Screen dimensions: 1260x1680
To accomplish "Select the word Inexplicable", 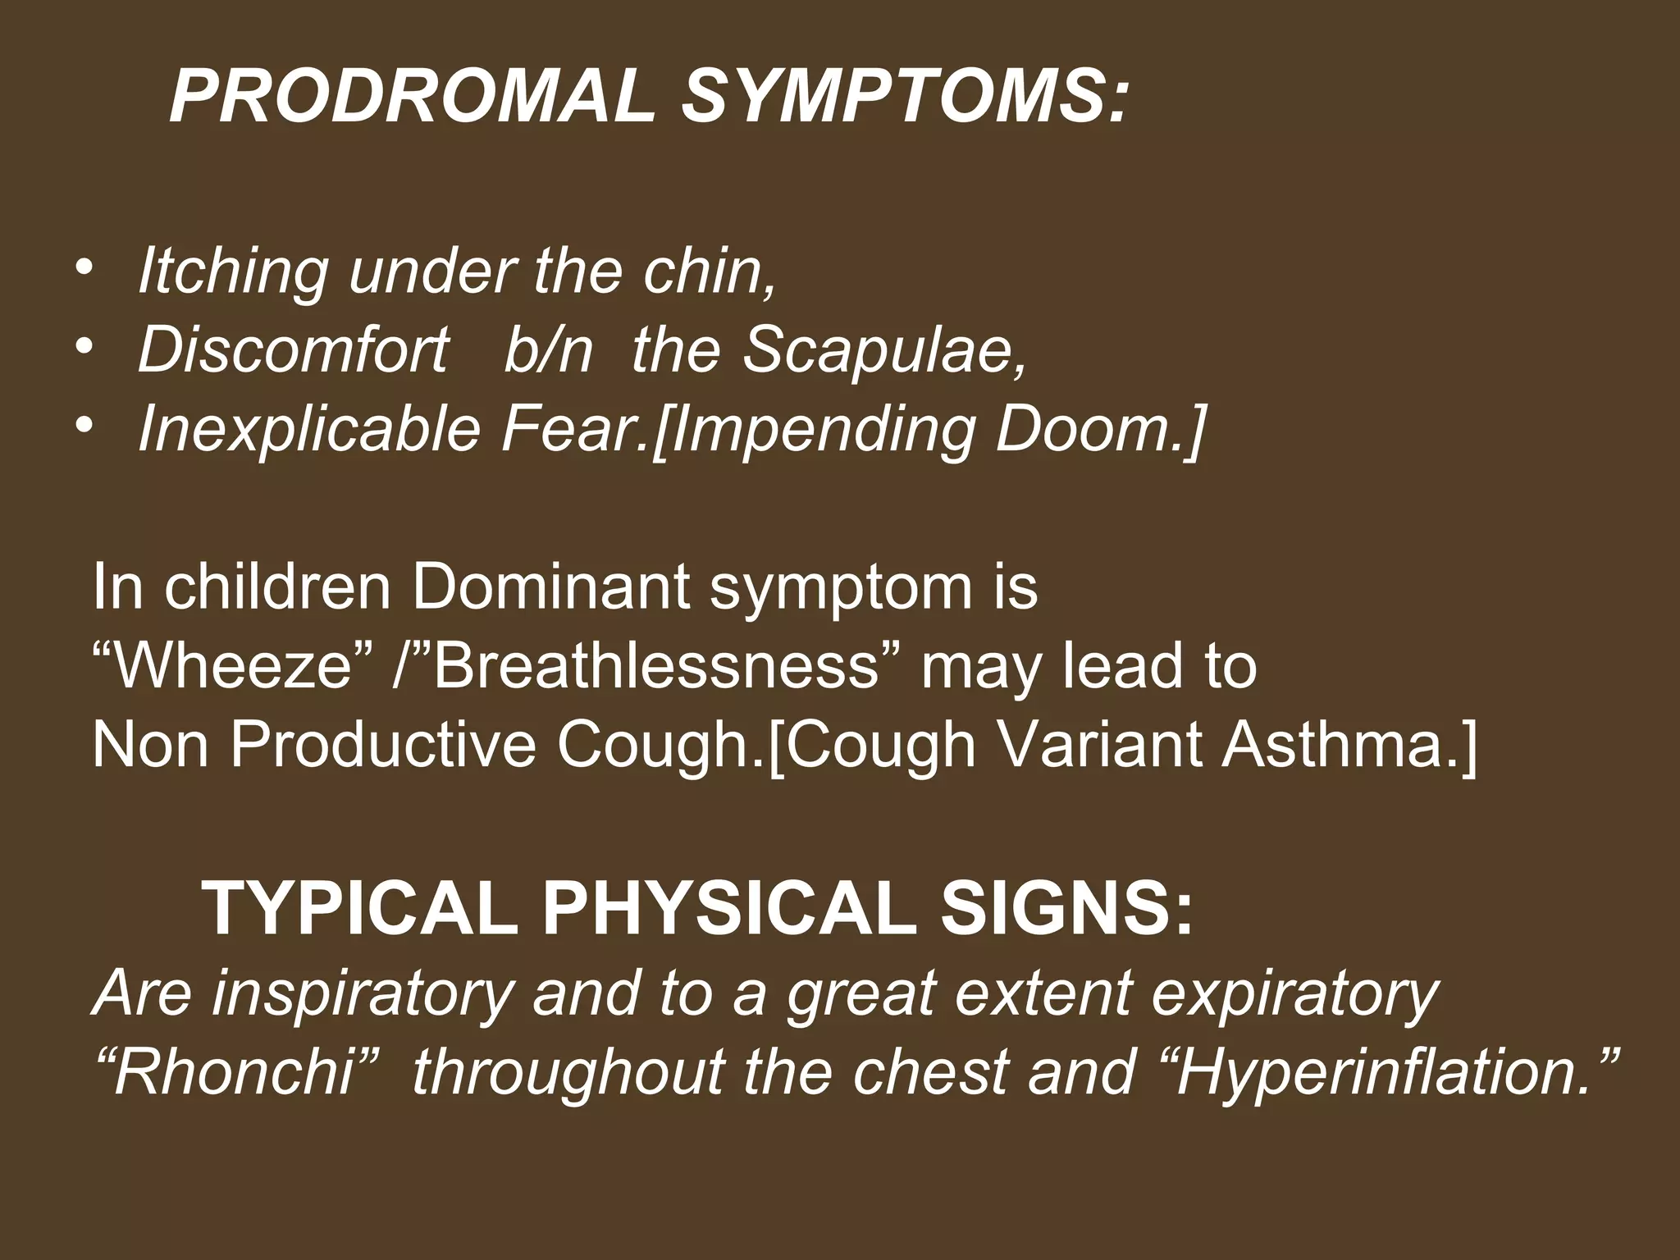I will tap(309, 429).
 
